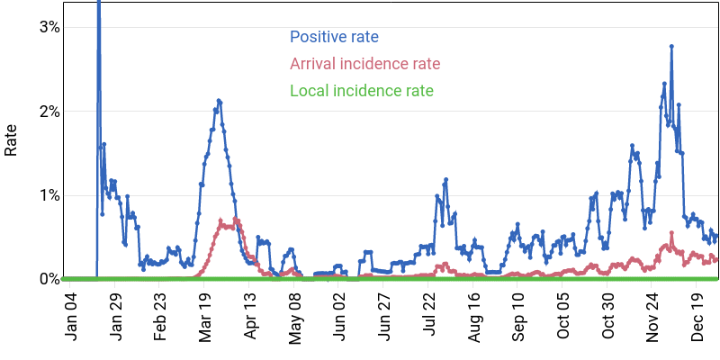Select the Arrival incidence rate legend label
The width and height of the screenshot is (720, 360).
(364, 64)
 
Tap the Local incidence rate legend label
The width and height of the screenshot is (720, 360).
(361, 91)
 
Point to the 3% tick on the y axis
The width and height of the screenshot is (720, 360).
(49, 27)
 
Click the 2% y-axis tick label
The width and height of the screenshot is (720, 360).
(49, 112)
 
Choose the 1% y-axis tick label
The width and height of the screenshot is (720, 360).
(49, 195)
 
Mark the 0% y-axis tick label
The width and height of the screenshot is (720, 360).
(49, 279)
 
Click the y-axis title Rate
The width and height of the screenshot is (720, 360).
(12, 140)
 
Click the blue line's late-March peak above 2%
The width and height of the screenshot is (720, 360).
(219, 100)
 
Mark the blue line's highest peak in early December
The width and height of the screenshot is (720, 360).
(671, 46)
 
